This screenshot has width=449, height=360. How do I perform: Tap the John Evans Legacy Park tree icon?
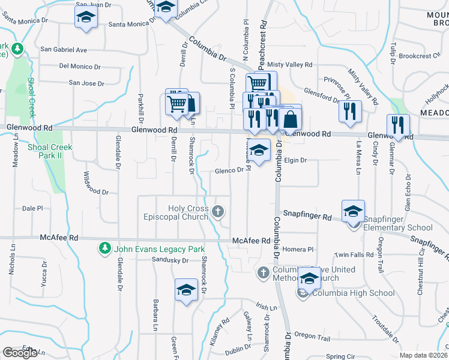(104, 248)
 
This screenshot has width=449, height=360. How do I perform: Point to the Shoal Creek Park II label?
(50, 152)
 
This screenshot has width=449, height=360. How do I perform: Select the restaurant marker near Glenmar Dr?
(398, 125)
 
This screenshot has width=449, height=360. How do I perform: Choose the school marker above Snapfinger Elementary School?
(353, 211)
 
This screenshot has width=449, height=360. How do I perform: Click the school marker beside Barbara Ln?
(186, 290)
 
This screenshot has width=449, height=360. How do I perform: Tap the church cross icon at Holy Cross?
(218, 211)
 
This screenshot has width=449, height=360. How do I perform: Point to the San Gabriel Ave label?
(64, 50)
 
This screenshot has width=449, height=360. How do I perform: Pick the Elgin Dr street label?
(295, 161)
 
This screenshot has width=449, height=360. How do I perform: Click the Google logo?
(20, 353)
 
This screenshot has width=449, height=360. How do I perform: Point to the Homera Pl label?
(303, 249)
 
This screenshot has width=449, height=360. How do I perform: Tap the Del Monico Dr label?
(80, 66)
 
